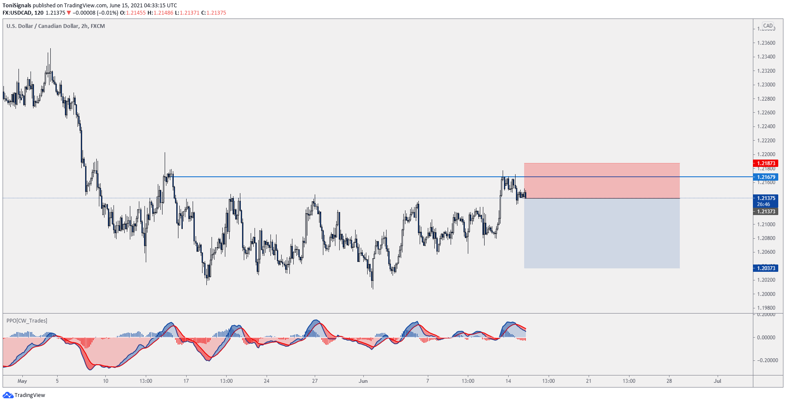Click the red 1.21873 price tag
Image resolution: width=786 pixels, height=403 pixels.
pos(766,163)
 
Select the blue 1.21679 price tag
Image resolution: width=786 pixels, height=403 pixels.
pos(766,177)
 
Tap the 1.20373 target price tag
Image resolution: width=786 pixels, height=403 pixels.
pos(766,268)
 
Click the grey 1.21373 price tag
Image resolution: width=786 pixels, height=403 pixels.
pos(766,212)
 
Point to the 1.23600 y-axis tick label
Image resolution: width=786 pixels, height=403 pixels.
pos(766,43)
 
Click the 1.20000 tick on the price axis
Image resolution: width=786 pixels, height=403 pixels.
pos(766,294)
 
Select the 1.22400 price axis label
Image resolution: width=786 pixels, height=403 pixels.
pos(766,126)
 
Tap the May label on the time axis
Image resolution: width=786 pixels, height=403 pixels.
pos(22,381)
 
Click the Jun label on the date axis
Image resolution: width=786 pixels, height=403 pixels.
pos(363,381)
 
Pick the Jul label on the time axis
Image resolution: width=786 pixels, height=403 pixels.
pos(717,381)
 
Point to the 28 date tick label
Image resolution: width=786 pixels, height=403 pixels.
pos(669,381)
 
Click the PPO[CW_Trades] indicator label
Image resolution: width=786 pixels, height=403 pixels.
pos(27,321)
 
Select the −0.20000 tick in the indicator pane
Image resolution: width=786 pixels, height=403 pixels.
pos(767,360)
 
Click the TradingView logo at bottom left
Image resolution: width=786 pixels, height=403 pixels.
pos(24,395)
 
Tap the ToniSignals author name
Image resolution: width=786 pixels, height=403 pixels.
pos(17,6)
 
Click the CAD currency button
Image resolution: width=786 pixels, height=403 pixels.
pos(768,26)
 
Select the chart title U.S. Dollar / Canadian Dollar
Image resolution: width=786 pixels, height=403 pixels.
pos(42,26)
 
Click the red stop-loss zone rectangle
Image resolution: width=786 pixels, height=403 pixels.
pos(602,181)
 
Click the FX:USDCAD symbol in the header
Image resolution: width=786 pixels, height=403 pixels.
pos(17,13)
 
